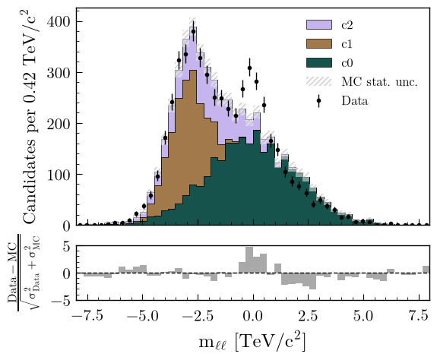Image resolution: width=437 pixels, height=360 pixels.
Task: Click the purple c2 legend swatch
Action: (319, 24)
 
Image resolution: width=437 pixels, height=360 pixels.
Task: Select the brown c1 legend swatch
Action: (319, 44)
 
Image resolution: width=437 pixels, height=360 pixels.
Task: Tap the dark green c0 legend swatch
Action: (319, 62)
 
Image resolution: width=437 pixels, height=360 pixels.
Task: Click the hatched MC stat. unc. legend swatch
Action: (319, 81)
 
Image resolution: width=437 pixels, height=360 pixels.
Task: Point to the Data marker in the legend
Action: (319, 101)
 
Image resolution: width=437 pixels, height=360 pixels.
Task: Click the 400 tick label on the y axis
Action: (58, 22)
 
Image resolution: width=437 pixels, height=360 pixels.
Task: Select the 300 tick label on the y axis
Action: (58, 73)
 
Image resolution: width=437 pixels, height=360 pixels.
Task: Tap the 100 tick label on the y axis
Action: (58, 175)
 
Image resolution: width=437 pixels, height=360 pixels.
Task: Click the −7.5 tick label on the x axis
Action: (88, 316)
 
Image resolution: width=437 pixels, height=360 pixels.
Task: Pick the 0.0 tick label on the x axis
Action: (253, 316)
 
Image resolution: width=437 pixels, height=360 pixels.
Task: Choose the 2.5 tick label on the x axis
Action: (309, 316)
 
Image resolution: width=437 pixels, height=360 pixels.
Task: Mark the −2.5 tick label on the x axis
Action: (198, 316)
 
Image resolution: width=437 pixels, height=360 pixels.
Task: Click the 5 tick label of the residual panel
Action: (66, 247)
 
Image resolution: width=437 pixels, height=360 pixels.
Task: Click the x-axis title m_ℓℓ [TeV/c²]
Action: (252, 342)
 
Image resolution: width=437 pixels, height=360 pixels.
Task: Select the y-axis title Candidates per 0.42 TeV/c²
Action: (30, 117)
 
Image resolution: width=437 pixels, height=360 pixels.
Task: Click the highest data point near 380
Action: (193, 31)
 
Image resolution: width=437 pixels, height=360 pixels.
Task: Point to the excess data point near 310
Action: (250, 68)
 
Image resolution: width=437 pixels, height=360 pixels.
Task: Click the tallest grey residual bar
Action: (249, 260)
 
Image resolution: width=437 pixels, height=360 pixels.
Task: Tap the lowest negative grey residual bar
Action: (312, 281)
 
